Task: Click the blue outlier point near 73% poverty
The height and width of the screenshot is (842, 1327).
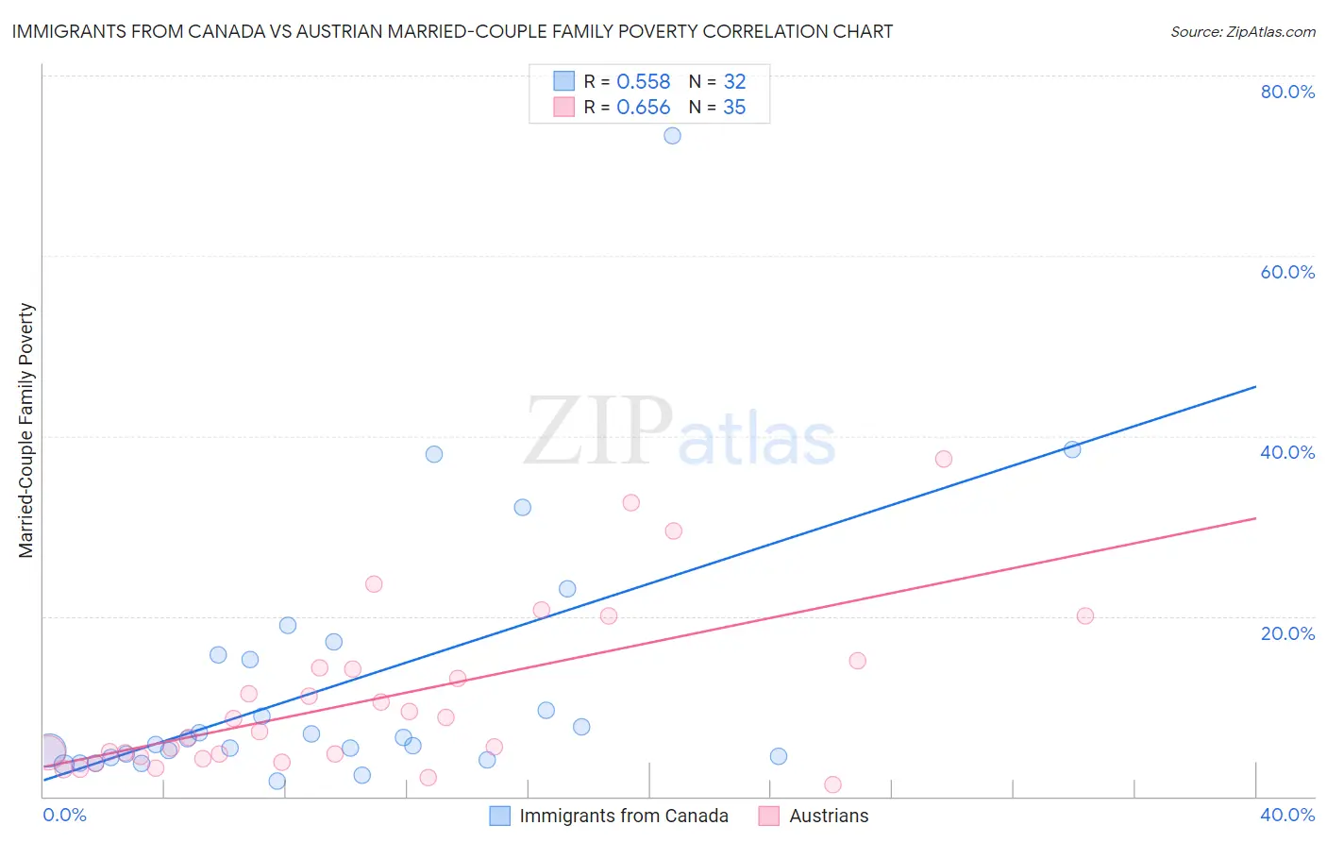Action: (672, 136)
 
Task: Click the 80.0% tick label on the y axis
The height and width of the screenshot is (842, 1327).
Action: (1287, 92)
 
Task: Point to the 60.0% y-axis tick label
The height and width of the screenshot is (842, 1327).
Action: (1287, 272)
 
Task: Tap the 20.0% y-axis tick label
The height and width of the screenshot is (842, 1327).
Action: (1287, 632)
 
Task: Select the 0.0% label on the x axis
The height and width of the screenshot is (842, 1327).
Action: (64, 815)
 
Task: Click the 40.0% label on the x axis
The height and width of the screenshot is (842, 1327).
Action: (1287, 815)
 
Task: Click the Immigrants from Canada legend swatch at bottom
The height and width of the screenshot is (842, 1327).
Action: (500, 816)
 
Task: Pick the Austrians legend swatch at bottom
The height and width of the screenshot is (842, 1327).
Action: (769, 816)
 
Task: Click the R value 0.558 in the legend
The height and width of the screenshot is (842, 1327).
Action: (643, 82)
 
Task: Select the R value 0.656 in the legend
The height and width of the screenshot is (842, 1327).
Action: (643, 108)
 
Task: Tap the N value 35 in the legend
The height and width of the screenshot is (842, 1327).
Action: (734, 108)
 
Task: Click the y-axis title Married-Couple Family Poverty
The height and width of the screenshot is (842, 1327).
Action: (26, 429)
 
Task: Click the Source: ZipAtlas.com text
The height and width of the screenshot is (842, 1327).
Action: (1242, 32)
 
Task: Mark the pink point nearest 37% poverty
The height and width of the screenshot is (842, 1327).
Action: (943, 459)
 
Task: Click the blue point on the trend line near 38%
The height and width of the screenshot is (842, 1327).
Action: (1072, 449)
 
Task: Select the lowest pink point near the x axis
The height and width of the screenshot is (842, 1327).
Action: (832, 784)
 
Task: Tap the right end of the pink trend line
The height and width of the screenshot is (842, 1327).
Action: (1255, 518)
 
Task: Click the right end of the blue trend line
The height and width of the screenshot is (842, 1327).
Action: (1255, 386)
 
